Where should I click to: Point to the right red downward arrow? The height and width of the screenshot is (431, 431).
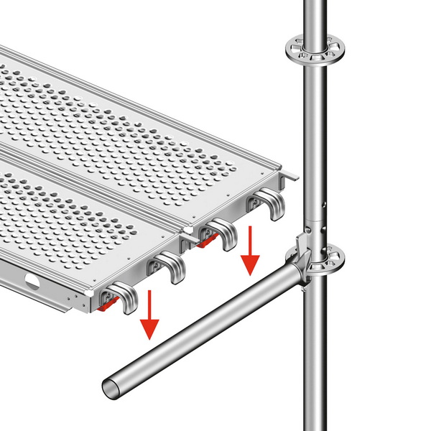pyautogui.click(x=249, y=252)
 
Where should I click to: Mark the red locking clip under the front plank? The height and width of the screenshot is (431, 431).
pyautogui.click(x=106, y=306)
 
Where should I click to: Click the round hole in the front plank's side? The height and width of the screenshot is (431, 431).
pyautogui.click(x=31, y=279)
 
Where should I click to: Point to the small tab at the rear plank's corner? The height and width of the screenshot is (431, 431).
pyautogui.click(x=291, y=175)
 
